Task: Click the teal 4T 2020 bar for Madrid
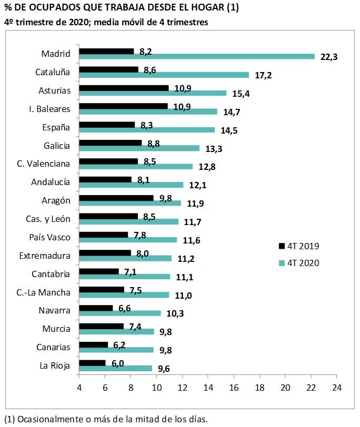[196, 57]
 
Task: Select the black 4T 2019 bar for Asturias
[123, 88]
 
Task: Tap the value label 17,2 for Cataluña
[263, 75]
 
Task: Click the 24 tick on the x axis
[336, 387]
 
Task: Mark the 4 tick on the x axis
[79, 387]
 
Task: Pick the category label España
[56, 127]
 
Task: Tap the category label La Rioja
[55, 365]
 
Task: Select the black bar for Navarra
[96, 308]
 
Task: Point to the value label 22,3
[328, 57]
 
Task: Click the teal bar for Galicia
[139, 148]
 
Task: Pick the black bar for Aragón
[116, 198]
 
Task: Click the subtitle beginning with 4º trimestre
[105, 22]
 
